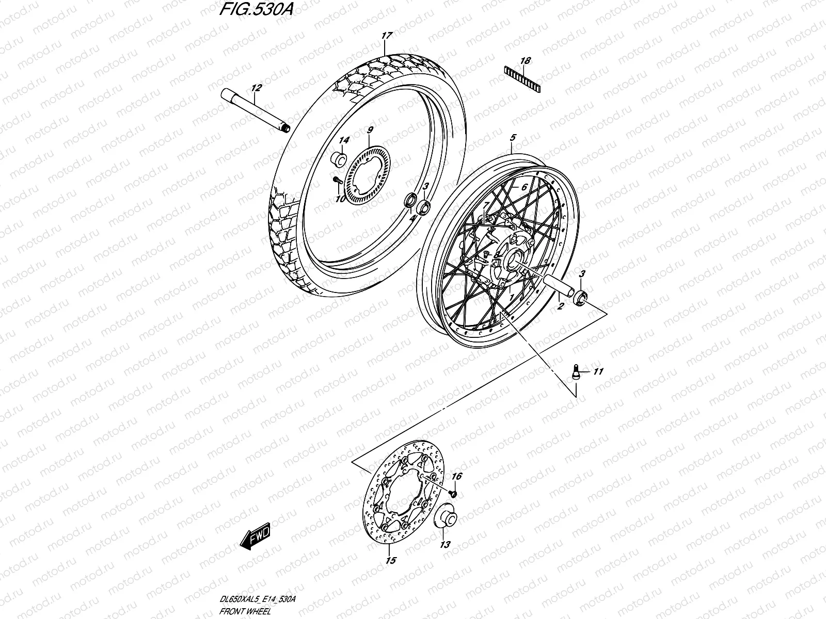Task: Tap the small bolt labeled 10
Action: click(x=336, y=180)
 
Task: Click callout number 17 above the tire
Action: click(x=386, y=36)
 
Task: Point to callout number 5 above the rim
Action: click(x=513, y=138)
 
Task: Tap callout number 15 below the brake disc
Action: click(x=391, y=561)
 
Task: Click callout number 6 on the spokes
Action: click(x=523, y=188)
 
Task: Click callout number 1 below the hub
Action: click(x=511, y=298)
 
